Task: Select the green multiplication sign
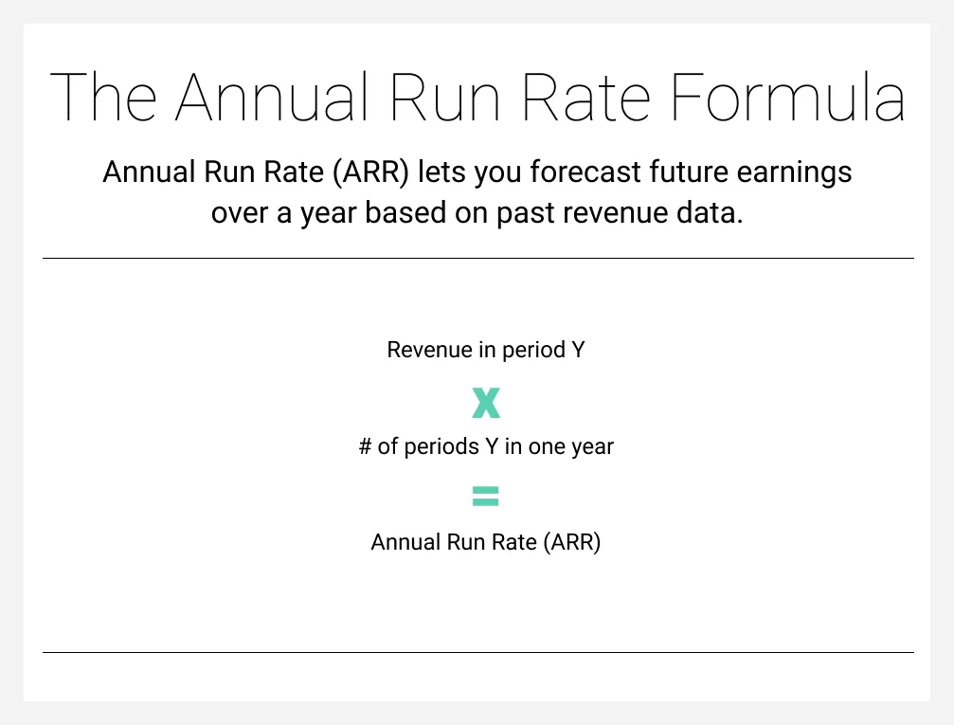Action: coord(486,404)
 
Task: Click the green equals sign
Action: coord(485,496)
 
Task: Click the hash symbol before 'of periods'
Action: coord(365,446)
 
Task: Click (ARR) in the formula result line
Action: coord(572,543)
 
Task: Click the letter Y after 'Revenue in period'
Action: coord(578,350)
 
